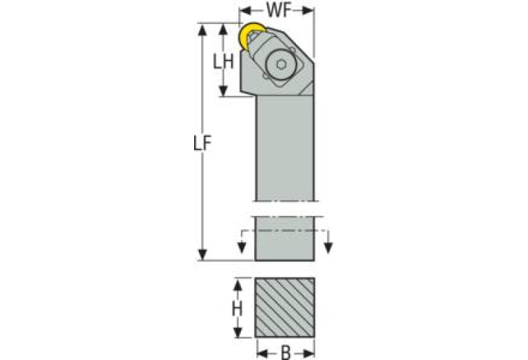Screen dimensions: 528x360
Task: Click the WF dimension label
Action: click(279, 10)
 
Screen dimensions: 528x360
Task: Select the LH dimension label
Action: click(223, 62)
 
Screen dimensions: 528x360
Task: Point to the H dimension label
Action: click(237, 308)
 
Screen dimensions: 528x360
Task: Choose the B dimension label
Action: click(286, 353)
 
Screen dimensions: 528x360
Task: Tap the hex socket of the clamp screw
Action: click(281, 64)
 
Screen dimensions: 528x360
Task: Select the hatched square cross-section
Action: click(285, 308)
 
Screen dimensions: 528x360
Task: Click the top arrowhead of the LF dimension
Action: click(202, 30)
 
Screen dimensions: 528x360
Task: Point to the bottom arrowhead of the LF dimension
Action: click(202, 255)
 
